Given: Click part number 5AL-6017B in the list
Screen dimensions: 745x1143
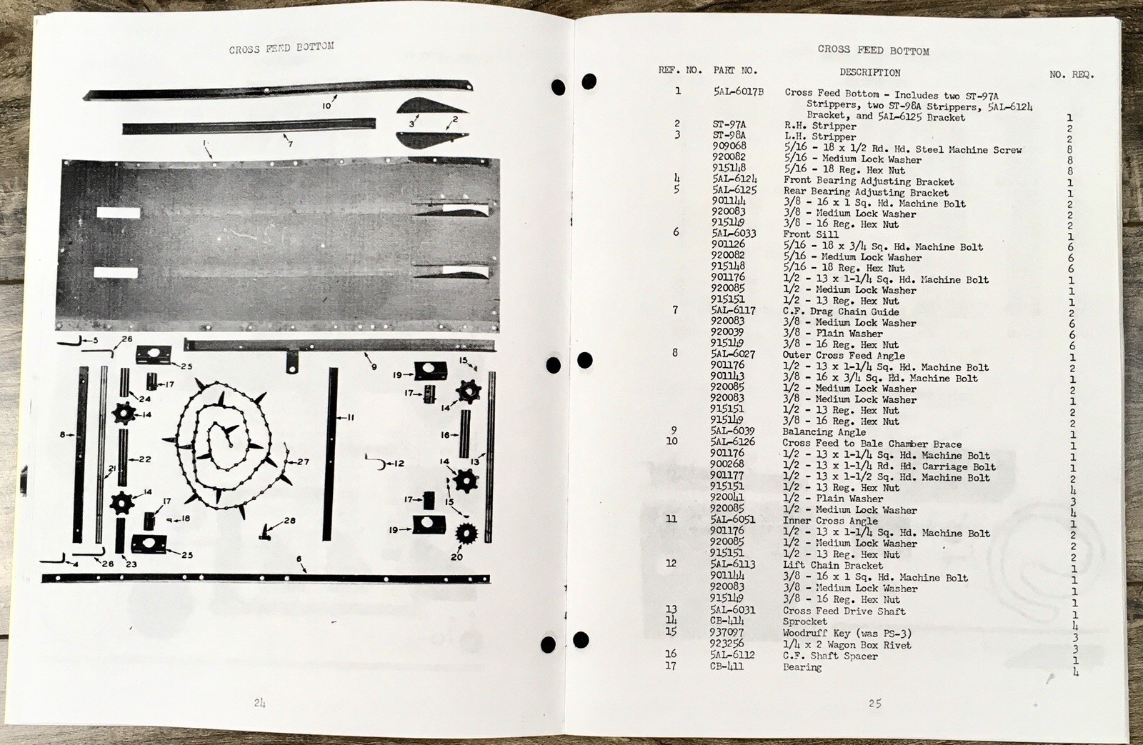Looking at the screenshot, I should tap(739, 92).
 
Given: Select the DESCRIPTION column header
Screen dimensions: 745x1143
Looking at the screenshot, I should tap(869, 72).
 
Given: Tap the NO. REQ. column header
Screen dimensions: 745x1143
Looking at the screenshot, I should tap(1072, 74).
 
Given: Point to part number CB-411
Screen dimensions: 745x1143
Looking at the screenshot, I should tap(727, 666).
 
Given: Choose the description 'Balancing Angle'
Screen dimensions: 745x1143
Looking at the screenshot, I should tap(824, 432).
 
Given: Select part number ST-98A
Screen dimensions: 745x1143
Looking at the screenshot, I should tap(729, 135).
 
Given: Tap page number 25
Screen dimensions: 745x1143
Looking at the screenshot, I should tap(875, 703).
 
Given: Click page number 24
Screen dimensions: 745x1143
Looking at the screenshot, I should tap(259, 703).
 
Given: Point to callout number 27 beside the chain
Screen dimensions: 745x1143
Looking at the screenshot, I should tap(303, 461).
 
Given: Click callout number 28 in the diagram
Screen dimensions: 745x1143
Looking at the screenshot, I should tap(289, 521).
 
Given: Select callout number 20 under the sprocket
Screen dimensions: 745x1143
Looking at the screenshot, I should tap(456, 556).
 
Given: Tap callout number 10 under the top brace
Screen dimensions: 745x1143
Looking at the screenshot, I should tap(326, 106).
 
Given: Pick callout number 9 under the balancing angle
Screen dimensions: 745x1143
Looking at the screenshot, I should tap(374, 368).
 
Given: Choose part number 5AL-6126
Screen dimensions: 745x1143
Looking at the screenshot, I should tap(733, 442).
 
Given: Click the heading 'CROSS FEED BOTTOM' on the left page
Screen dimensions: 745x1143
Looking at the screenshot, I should tap(281, 48).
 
